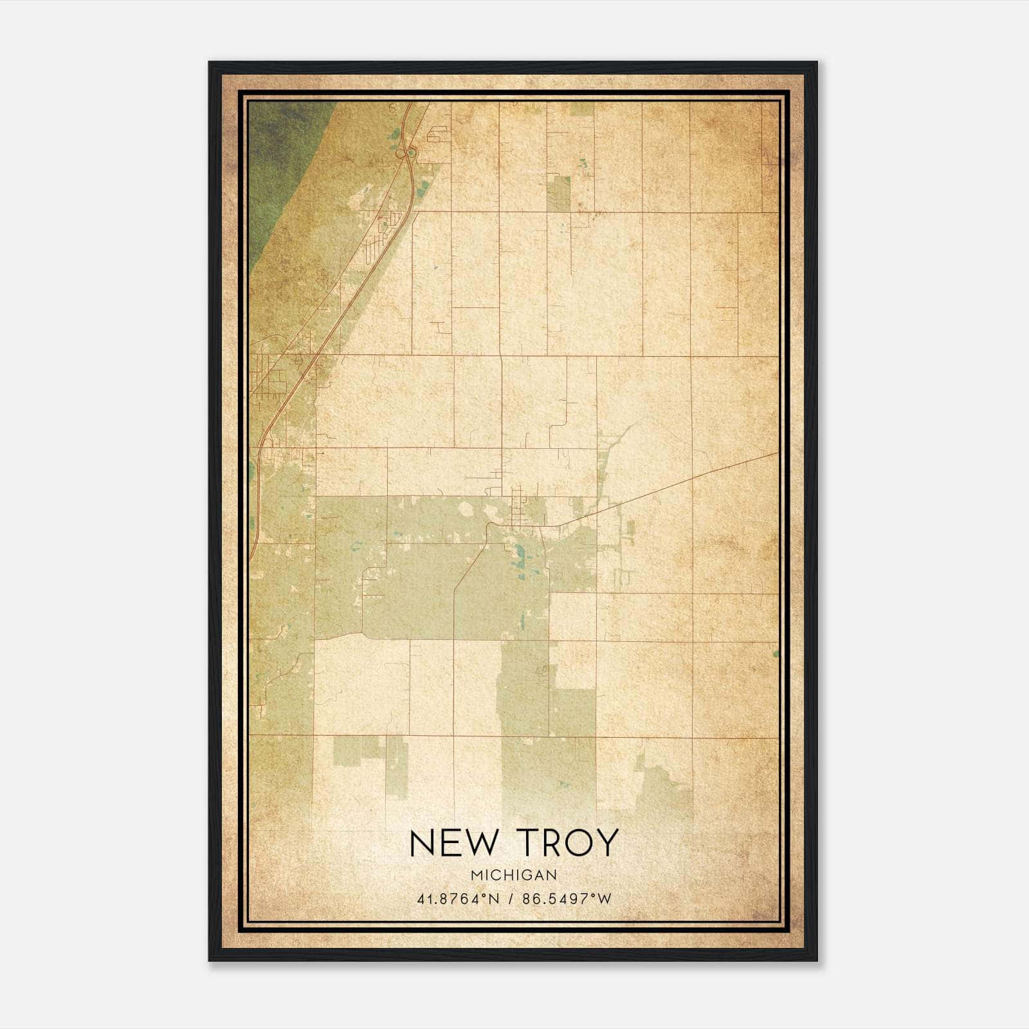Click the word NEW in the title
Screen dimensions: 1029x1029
pos(450,843)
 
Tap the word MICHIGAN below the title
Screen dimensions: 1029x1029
pos(513,875)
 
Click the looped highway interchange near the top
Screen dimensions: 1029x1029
pos(405,153)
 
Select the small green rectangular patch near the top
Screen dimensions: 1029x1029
pos(558,194)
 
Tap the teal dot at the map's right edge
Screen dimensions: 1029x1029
pos(776,653)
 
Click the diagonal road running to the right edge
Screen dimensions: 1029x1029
pos(695,477)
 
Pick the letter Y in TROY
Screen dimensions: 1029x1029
pos(606,843)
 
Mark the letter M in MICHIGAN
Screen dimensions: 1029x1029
pos(475,875)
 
